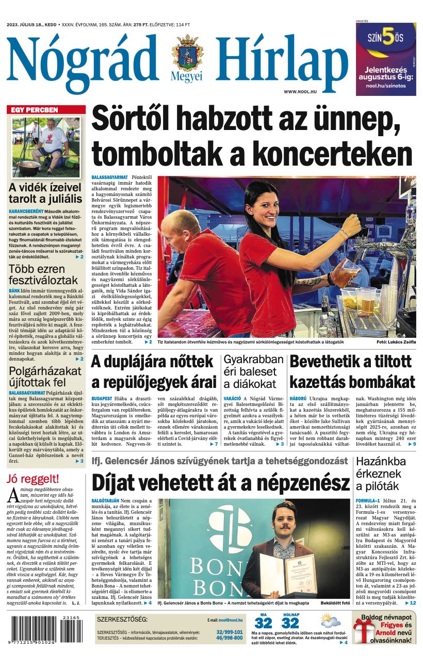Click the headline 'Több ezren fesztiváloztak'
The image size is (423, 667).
tap(43, 275)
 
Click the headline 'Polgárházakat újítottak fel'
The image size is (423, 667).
tap(45, 377)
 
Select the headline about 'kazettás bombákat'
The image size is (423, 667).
tap(352, 372)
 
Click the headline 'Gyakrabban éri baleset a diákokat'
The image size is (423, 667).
tap(253, 371)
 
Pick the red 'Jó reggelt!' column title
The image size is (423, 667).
tap(33, 479)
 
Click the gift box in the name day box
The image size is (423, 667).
tap(363, 629)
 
